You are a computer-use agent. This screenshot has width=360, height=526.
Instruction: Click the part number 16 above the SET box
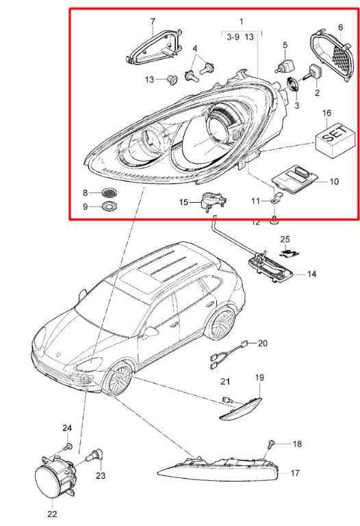pyautogui.click(x=327, y=113)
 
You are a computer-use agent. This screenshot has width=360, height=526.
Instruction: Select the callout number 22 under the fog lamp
pyautogui.click(x=52, y=514)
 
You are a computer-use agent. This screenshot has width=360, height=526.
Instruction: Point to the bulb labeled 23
pyautogui.click(x=96, y=456)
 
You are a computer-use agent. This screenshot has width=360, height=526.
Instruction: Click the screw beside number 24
pyautogui.click(x=68, y=447)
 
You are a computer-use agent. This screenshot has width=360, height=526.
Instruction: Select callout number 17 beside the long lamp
pyautogui.click(x=294, y=473)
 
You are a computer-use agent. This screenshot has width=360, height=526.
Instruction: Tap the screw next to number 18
pyautogui.click(x=271, y=444)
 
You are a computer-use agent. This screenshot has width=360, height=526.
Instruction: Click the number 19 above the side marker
pyautogui.click(x=259, y=378)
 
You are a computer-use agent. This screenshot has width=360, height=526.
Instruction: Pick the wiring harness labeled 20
pyautogui.click(x=230, y=355)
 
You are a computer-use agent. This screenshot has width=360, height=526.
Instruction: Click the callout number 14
pyautogui.click(x=311, y=274)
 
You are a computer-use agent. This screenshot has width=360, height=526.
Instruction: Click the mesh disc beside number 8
pyautogui.click(x=110, y=192)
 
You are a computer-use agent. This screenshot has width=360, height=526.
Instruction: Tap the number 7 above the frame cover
pyautogui.click(x=153, y=22)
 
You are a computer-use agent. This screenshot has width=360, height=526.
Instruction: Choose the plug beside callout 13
pyautogui.click(x=172, y=80)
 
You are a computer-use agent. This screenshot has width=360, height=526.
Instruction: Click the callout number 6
pyautogui.click(x=340, y=27)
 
